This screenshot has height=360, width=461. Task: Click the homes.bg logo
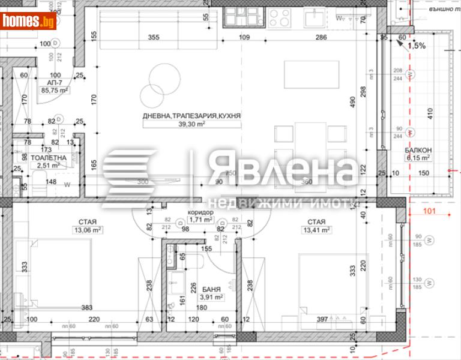[28, 22]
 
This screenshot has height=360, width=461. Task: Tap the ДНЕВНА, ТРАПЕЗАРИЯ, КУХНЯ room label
[191, 115]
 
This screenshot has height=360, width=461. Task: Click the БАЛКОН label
[417, 151]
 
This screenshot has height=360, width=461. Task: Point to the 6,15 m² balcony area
[417, 158]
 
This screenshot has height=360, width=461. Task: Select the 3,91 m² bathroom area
[211, 296]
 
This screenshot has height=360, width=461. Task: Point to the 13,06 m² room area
[88, 229]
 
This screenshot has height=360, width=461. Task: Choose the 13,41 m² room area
[318, 229]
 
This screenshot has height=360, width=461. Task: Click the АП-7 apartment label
[55, 83]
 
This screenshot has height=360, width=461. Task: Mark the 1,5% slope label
[417, 46]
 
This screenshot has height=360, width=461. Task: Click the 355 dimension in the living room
[154, 38]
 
